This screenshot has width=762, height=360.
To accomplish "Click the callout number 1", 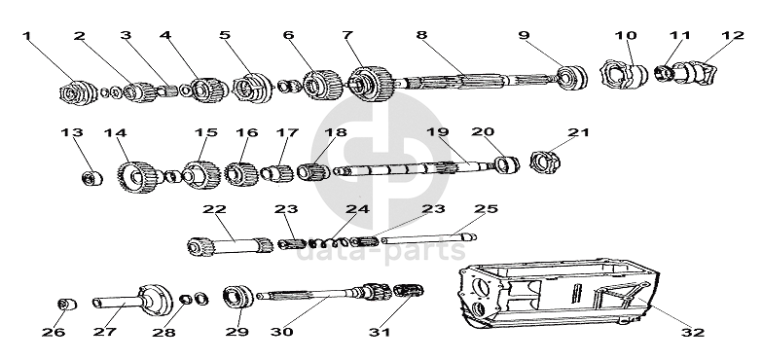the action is click(26, 35).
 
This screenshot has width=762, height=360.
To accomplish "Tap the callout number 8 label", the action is click(421, 35).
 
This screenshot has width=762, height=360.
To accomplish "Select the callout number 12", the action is click(734, 35).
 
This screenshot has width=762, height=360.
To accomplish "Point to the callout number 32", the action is click(693, 333).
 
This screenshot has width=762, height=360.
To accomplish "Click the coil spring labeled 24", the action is click(330, 242).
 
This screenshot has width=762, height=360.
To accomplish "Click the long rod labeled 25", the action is click(428, 237).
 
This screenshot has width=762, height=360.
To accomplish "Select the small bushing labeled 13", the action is click(92, 178).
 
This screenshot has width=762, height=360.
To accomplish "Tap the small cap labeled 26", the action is click(67, 305).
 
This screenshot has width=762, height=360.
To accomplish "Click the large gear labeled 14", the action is click(136, 177).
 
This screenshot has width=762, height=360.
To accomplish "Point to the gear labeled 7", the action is click(371, 83).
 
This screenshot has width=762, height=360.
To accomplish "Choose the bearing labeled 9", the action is click(572, 77).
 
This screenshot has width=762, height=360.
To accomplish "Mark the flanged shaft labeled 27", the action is click(133, 302).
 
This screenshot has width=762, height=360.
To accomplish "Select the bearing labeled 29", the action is click(238, 297).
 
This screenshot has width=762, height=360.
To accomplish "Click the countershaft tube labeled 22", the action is click(230, 244).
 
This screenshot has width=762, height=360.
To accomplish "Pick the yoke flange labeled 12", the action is click(695, 72).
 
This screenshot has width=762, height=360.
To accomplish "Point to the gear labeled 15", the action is click(201, 175).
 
